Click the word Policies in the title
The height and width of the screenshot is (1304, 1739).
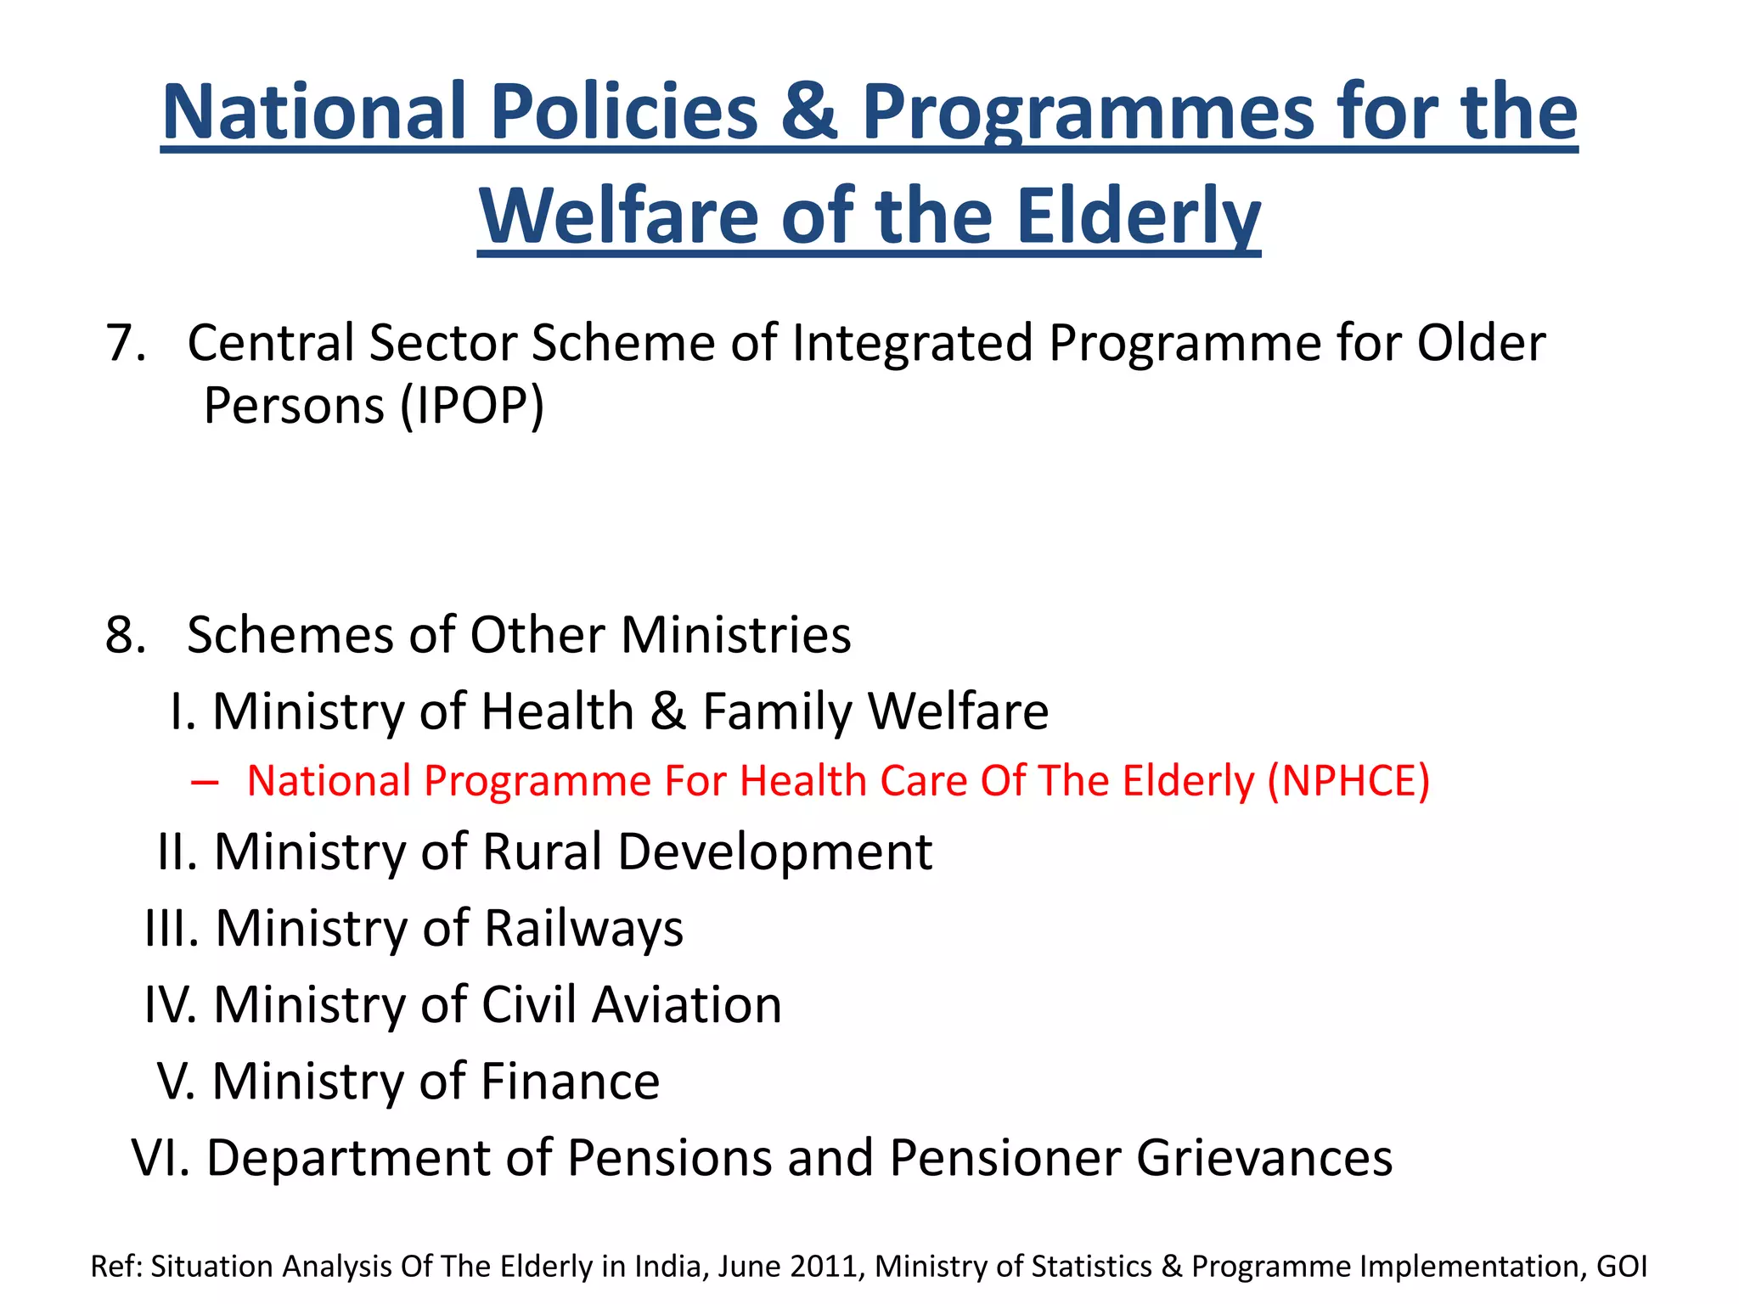[x=623, y=113]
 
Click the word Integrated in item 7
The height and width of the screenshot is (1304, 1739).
[x=912, y=343]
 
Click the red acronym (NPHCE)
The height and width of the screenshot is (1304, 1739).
[x=1348, y=781]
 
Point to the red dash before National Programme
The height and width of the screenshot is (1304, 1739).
[x=205, y=782]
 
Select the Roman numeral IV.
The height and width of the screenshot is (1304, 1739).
[x=171, y=1005]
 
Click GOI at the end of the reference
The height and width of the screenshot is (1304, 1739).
[x=1622, y=1266]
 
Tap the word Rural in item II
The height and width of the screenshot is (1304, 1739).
[x=543, y=852]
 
